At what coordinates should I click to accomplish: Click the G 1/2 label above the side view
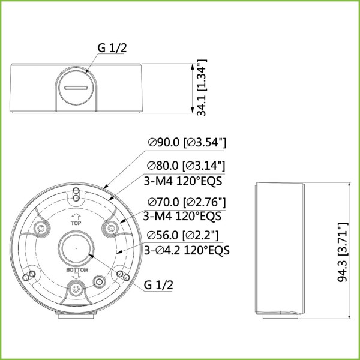pyautogui.click(x=112, y=49)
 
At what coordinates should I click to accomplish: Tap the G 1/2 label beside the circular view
pyautogui.click(x=158, y=286)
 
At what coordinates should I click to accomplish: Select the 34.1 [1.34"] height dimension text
pyautogui.click(x=202, y=88)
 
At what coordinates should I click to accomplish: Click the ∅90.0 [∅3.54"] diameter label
pyautogui.click(x=187, y=143)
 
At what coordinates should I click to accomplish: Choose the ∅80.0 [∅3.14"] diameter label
pyautogui.click(x=187, y=166)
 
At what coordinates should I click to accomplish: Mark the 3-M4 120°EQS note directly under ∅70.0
pyautogui.click(x=182, y=215)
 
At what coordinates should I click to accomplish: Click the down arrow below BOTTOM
pyautogui.click(x=76, y=277)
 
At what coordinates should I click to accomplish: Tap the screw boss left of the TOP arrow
pyautogui.click(x=42, y=228)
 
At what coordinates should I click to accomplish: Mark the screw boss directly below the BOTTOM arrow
pyautogui.click(x=76, y=289)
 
